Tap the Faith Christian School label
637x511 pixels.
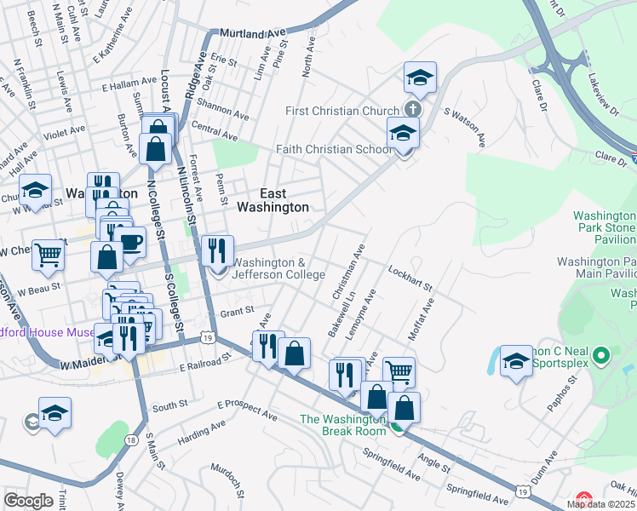pos(334,149)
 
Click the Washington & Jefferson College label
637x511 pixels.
pos(278,268)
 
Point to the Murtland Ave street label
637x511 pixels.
pos(252,33)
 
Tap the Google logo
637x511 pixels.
pos(28,501)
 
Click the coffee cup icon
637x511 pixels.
pos(130,242)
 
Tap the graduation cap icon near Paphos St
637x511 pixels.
pos(516,362)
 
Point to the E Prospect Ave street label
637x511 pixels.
pos(248,410)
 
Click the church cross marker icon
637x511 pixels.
pos(412,110)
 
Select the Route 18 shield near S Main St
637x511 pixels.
pos(130,439)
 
